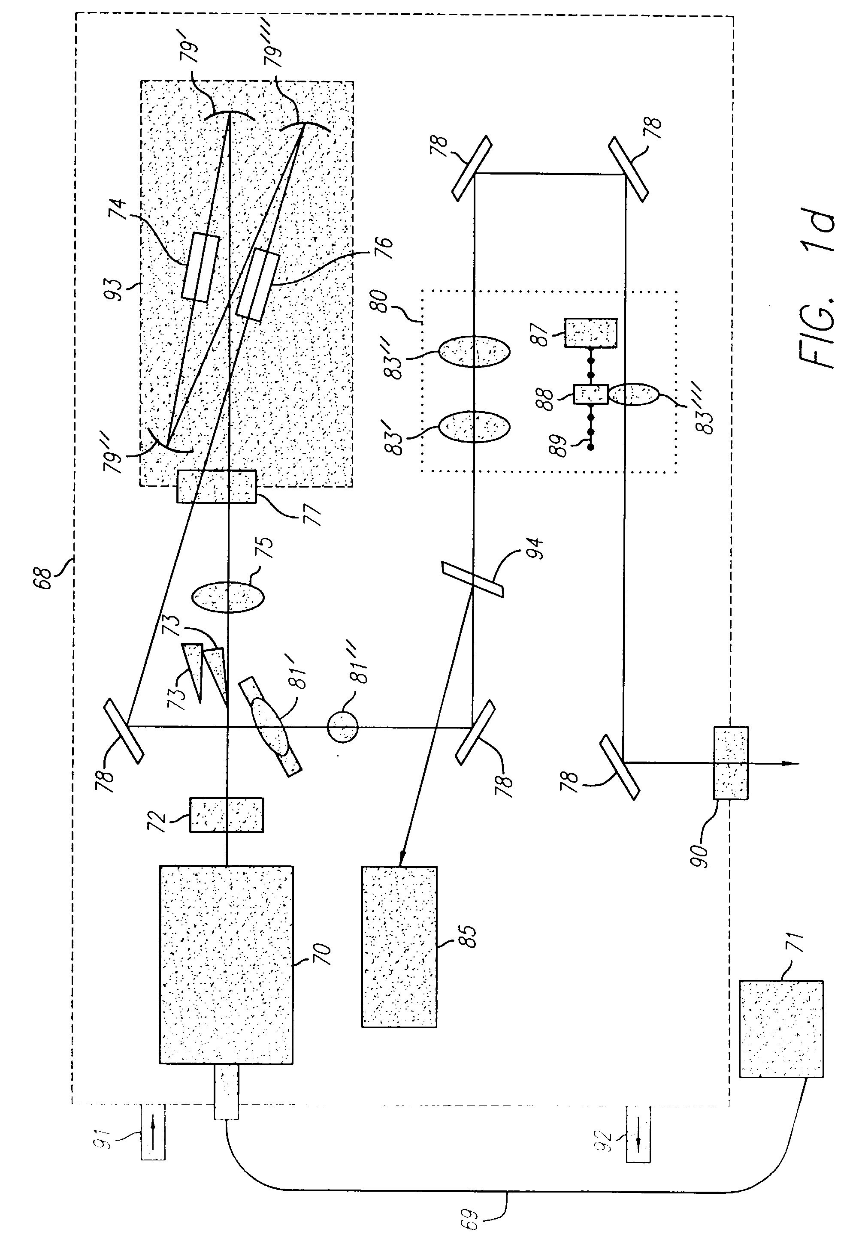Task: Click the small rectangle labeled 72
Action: point(227,815)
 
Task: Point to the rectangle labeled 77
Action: point(217,486)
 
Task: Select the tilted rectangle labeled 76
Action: point(258,284)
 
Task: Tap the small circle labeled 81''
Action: point(342,726)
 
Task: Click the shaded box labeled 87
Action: point(591,333)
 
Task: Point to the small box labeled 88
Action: point(591,394)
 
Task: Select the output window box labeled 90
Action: point(731,763)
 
